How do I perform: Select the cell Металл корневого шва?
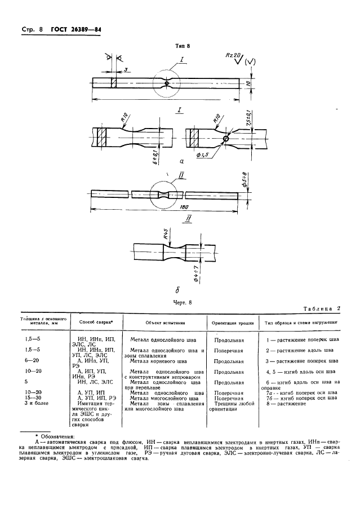click(159, 360)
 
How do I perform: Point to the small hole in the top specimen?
click(167, 83)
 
